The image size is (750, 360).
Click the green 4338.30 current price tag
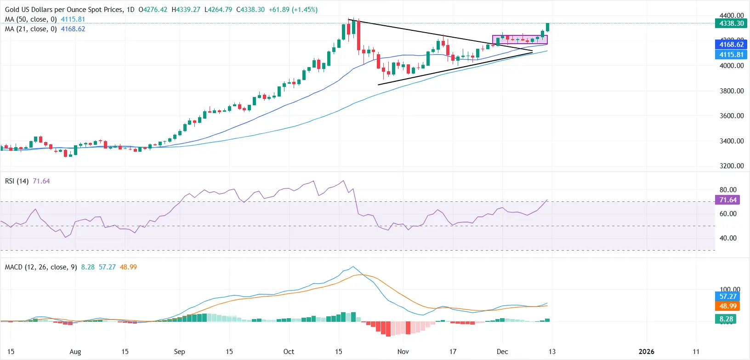[x=731, y=23]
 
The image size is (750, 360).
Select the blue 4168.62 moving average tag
[x=731, y=45]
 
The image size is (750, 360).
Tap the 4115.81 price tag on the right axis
[x=731, y=55]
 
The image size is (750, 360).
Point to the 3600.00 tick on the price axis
[x=732, y=116]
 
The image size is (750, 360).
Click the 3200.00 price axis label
[x=732, y=166]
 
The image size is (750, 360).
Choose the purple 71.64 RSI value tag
[x=728, y=200]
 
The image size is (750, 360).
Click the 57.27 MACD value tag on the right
[x=728, y=297]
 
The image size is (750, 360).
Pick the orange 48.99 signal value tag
[x=728, y=306]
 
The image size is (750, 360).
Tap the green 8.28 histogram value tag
[x=726, y=319]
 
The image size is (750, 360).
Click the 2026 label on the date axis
[x=646, y=352]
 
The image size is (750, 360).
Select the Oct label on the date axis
[x=289, y=352]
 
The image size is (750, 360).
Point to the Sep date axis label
[x=179, y=352]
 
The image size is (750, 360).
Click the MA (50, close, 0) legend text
[x=31, y=19]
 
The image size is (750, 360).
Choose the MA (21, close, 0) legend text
[x=31, y=29]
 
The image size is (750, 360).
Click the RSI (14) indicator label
[x=17, y=181]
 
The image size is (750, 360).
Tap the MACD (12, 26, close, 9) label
[x=41, y=267]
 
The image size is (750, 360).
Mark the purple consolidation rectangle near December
[x=520, y=40]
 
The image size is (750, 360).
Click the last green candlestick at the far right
[x=548, y=27]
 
